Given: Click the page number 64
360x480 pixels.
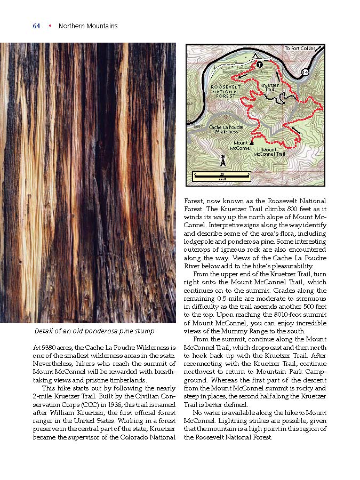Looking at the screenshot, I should [36, 26].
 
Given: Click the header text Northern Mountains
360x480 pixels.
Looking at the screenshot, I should [88, 26].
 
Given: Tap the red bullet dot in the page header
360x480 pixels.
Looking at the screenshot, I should [50, 26].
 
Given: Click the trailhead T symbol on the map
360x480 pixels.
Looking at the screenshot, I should [260, 65].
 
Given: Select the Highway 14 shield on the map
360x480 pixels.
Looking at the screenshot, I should [305, 71].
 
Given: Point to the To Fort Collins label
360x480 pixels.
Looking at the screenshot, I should [300, 49].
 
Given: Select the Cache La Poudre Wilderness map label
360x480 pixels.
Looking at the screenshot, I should [226, 129].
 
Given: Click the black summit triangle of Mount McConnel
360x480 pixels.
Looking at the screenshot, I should [252, 143].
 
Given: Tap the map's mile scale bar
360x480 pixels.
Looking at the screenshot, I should [221, 175].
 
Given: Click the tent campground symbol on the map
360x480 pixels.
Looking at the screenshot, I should [256, 55].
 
